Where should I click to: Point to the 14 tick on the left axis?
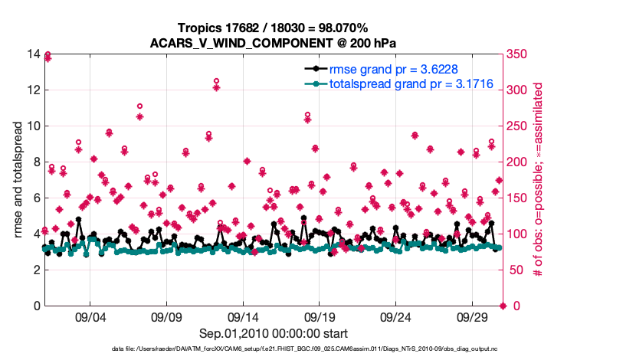pyautogui.click(x=32, y=54)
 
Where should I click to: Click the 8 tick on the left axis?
pyautogui.click(x=35, y=162)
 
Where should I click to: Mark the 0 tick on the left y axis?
pyautogui.click(x=35, y=306)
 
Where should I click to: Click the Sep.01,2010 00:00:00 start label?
pyautogui.click(x=274, y=334)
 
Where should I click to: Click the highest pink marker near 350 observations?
pyautogui.click(x=48, y=56)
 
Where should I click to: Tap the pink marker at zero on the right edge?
pyautogui.click(x=503, y=306)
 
